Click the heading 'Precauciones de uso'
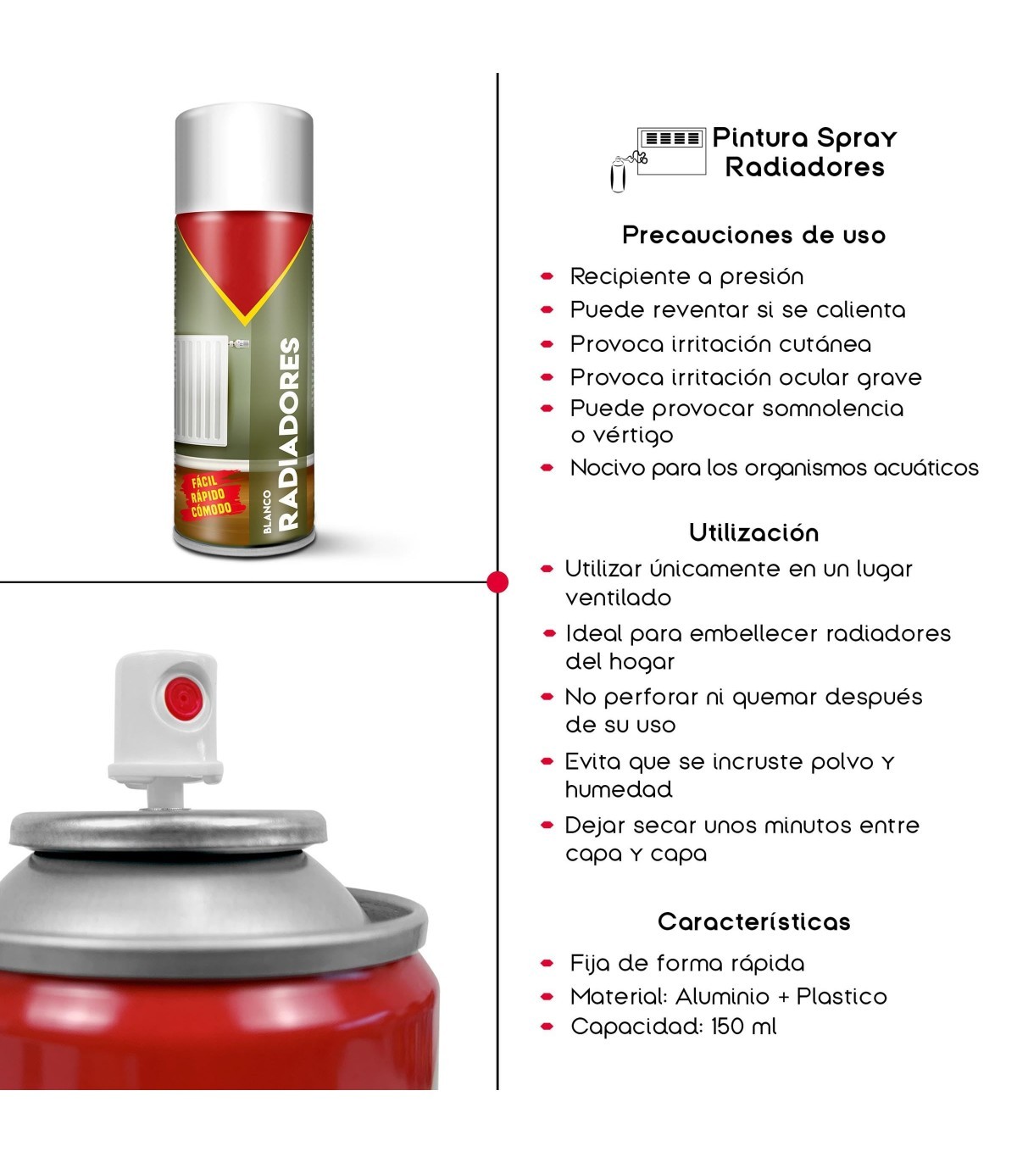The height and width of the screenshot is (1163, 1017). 754,235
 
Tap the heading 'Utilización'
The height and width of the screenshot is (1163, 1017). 754,532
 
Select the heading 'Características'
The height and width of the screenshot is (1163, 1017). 754,921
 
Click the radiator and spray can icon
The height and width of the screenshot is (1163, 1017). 658,159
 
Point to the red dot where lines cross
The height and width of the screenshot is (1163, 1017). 497,582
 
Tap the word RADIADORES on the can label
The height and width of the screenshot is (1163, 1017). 289,434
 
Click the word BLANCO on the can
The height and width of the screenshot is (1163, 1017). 268,512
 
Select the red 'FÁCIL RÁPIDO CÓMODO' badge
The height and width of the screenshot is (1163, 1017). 210,495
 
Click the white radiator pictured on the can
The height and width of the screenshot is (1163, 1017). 201,391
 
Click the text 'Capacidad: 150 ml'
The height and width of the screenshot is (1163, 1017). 673,1026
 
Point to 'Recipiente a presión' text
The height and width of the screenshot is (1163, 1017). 687,277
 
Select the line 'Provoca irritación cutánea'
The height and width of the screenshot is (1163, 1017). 720,344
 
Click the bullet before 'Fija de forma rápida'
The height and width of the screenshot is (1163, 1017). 547,964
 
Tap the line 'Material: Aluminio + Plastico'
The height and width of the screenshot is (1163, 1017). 728,997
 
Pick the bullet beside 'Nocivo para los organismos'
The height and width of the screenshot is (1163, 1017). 547,468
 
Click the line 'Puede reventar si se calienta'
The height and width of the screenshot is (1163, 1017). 737,309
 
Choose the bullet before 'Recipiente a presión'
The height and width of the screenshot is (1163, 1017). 547,277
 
